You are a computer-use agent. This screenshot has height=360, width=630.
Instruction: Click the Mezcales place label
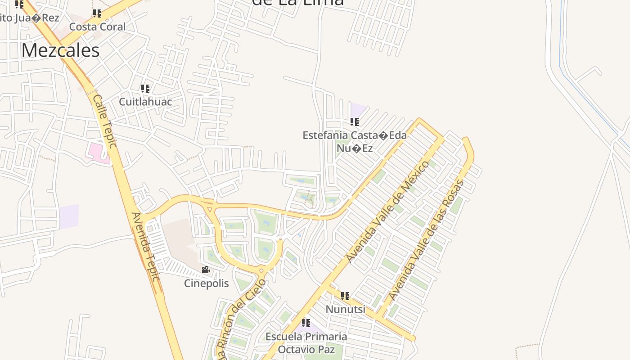[x=60, y=50]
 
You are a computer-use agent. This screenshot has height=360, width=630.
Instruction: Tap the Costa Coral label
[x=98, y=27]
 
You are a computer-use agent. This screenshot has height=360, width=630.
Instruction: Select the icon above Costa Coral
[x=97, y=13]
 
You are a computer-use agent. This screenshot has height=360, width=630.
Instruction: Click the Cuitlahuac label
[x=145, y=102]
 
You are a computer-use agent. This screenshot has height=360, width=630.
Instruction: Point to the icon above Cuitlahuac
[x=145, y=88]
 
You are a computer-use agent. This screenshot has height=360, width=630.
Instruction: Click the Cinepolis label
[x=207, y=283]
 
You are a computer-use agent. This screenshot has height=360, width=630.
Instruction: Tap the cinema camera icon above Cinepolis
[x=206, y=270]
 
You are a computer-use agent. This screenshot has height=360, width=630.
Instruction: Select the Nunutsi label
[x=345, y=310]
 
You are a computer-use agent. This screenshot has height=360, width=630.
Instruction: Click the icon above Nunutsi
[x=345, y=296]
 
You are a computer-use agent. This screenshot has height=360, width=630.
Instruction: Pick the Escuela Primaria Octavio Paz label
[x=306, y=343]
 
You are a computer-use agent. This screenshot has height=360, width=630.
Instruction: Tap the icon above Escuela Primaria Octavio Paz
[x=306, y=323]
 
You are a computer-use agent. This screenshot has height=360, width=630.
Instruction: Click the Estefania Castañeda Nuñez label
[x=355, y=141]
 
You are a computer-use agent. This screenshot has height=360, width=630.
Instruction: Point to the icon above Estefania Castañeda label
[x=355, y=122]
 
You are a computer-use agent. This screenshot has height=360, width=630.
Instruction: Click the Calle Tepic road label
[x=105, y=121]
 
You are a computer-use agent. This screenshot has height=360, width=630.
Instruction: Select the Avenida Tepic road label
[x=146, y=247]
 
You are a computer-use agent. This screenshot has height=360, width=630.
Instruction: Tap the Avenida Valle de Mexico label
[x=388, y=211]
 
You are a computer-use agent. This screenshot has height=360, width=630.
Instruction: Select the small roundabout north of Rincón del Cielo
[x=261, y=270]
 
